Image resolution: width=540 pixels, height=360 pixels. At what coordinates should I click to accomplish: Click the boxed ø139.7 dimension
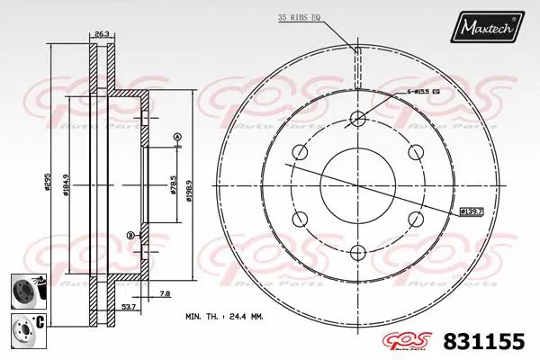[x=472, y=211]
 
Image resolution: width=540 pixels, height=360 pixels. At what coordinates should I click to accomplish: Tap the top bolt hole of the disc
[x=356, y=119]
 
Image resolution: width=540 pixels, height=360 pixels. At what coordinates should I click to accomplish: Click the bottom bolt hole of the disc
[x=356, y=252]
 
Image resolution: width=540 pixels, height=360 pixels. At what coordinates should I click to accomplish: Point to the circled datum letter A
[x=177, y=137]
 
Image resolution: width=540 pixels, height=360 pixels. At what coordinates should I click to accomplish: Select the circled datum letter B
[x=130, y=235]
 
